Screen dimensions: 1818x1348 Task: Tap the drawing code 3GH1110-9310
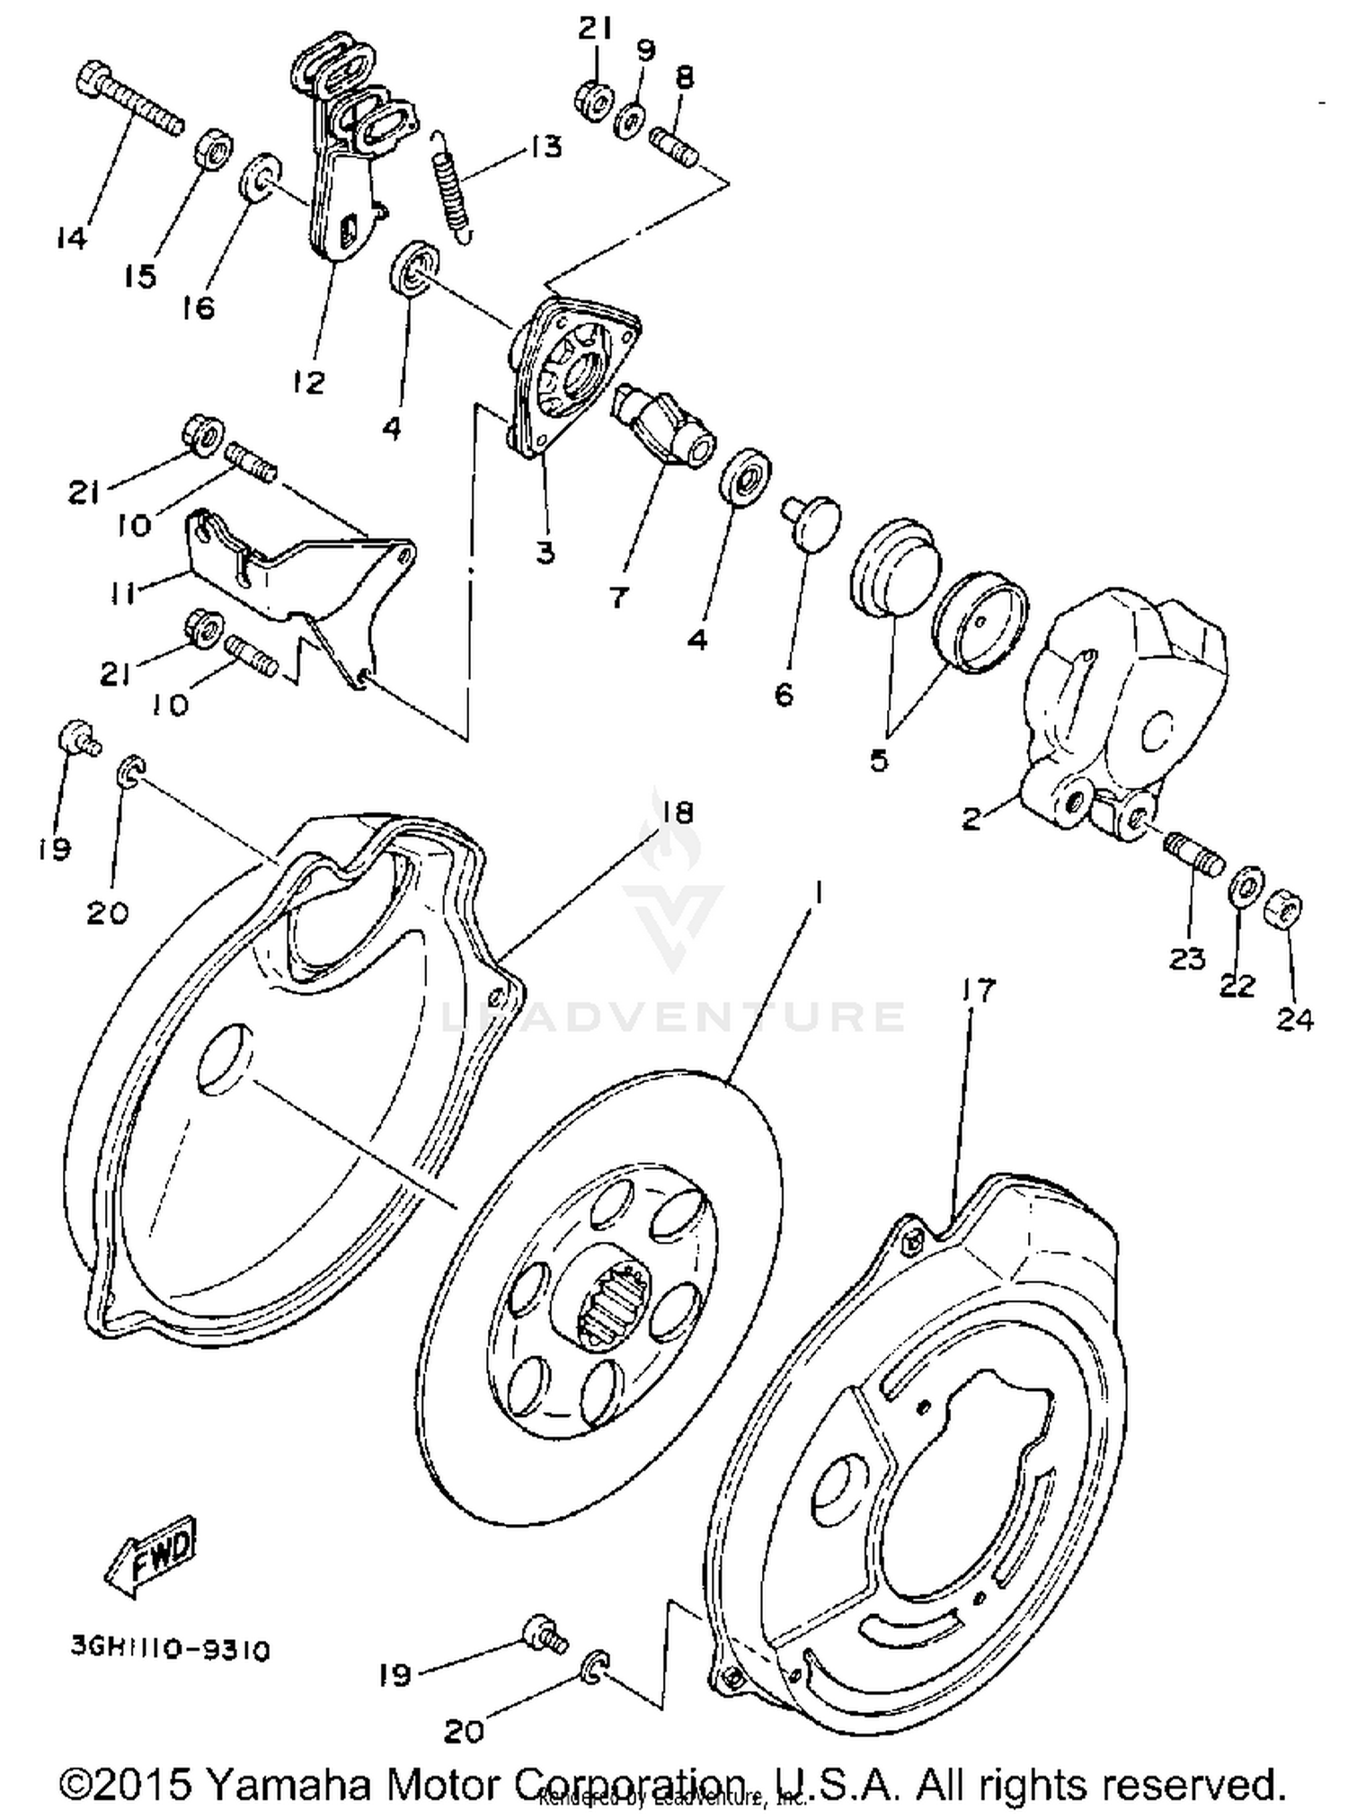pos(171,1650)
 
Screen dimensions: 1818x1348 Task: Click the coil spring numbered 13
pos(455,184)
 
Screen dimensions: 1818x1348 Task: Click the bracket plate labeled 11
pos(297,584)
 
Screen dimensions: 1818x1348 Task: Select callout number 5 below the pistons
pos(879,760)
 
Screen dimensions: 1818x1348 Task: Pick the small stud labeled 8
pos(674,147)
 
